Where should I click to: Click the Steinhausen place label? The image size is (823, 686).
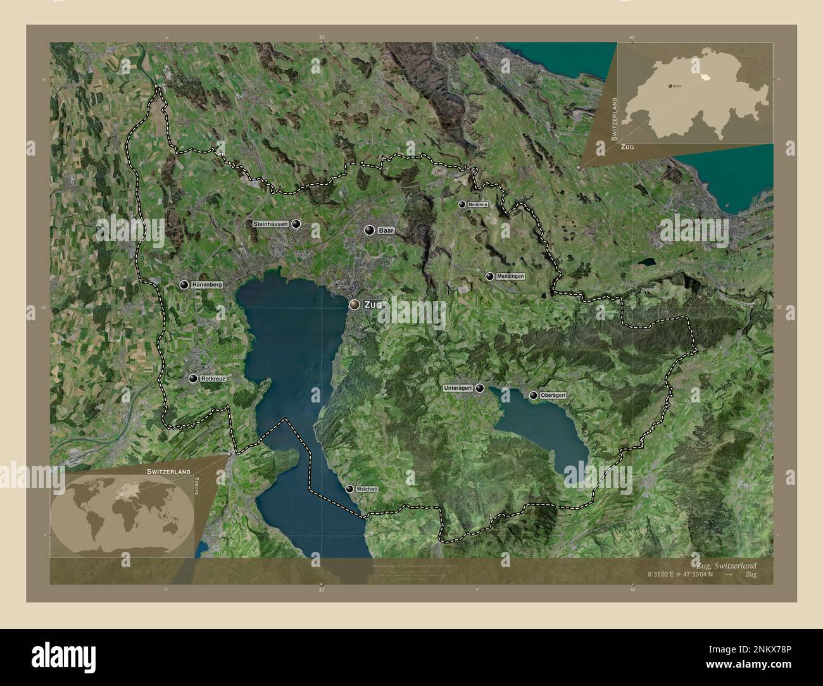coord(271,224)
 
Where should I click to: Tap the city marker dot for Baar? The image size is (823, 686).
coord(369,231)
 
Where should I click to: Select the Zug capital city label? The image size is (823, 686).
coord(373,305)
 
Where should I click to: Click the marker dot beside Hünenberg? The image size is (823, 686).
coord(184,285)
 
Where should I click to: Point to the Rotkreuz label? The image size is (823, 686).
coord(213,378)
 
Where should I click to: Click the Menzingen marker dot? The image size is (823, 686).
coord(489,277)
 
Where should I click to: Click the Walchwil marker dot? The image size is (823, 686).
coord(349,489)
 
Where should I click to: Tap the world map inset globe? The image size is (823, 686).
coord(119,513)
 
